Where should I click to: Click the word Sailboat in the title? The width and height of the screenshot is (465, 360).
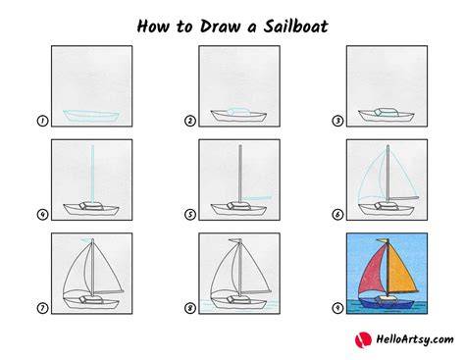[295, 26]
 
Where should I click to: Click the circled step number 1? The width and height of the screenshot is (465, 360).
[42, 121]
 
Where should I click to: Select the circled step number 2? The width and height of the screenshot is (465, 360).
[190, 121]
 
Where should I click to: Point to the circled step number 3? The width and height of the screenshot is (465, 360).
[337, 121]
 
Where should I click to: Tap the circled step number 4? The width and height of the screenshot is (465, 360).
[42, 215]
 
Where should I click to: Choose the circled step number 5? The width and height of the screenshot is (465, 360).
[190, 215]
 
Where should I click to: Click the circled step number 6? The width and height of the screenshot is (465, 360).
[337, 215]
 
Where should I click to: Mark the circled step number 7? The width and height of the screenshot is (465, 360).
[42, 308]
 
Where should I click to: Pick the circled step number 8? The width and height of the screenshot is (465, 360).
[190, 308]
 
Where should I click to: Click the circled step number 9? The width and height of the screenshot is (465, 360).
[337, 308]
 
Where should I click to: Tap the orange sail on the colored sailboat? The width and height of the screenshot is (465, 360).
[400, 273]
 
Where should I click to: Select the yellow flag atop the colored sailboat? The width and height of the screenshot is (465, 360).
[382, 240]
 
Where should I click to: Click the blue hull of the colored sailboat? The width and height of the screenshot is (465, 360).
[386, 303]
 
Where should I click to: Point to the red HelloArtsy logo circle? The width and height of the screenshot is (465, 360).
[363, 339]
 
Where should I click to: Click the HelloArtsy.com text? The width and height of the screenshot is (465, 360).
[415, 339]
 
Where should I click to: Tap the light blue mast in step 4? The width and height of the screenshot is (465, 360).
[92, 174]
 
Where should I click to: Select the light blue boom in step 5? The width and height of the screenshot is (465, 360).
[258, 198]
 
